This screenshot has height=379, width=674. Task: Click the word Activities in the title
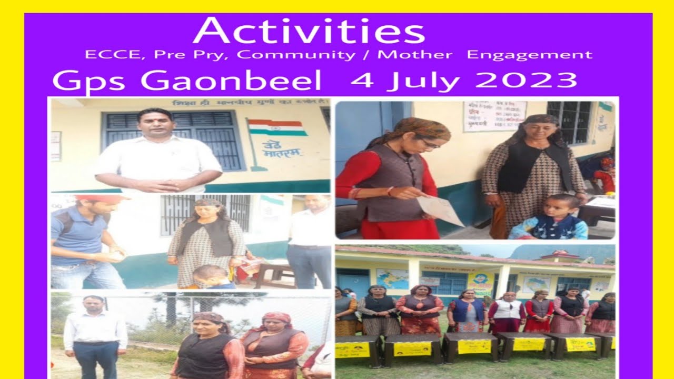[x=309, y=31]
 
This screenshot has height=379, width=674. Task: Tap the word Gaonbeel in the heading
[x=231, y=82]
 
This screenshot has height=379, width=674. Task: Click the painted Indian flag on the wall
[x=277, y=128]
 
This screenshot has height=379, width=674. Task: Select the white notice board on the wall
[x=494, y=116]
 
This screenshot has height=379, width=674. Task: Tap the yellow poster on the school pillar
[x=481, y=283]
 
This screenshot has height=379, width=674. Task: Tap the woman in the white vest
[x=506, y=311]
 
